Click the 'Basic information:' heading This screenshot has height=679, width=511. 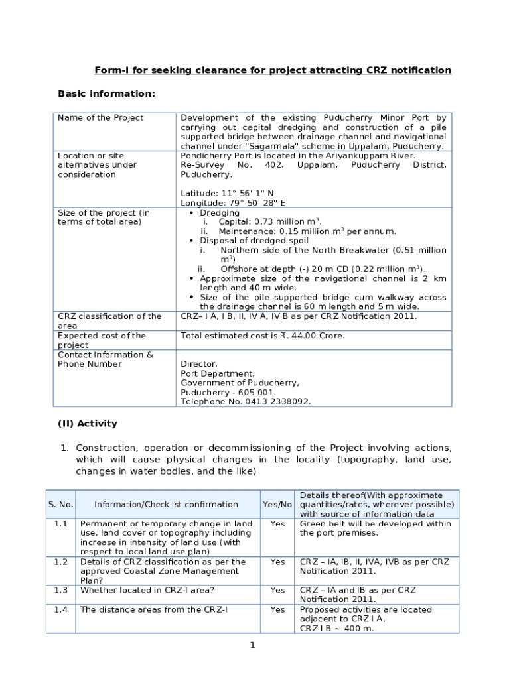pos(107,93)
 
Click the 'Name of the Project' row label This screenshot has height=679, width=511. pos(100,118)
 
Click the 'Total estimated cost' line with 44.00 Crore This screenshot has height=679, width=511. pos(263,336)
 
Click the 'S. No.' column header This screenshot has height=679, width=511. pos(60,504)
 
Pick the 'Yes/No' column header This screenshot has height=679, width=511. pos(277,504)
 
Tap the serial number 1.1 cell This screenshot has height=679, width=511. pos(60,524)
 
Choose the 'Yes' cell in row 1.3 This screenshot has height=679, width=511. pos(277,590)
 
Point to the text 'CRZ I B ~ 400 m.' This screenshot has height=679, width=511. pos(336,628)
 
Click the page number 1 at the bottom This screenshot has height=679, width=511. pos(253,645)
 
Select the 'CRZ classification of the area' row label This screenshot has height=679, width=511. pos(110,321)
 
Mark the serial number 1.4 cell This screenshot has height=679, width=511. pos(60,609)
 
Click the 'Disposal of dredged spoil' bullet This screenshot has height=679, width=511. pos(254,241)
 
